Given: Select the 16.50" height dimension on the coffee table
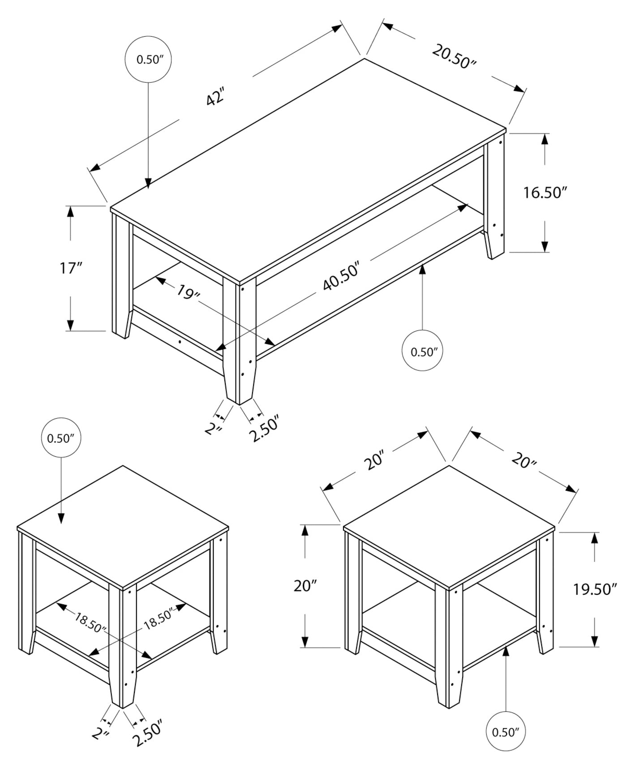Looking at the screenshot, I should point(545,193).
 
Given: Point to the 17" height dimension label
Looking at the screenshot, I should point(71,268).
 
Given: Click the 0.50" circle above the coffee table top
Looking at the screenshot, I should point(148,60).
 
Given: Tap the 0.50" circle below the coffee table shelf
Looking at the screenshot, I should point(423,352).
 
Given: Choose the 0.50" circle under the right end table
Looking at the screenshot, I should point(506,732).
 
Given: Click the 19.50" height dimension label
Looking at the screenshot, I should point(595,589).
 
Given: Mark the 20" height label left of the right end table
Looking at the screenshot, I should point(305,585).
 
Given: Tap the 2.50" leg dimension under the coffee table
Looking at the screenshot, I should point(264,429).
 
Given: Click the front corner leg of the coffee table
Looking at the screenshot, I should point(239,340).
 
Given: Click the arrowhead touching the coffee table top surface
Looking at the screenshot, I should point(148,183).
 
